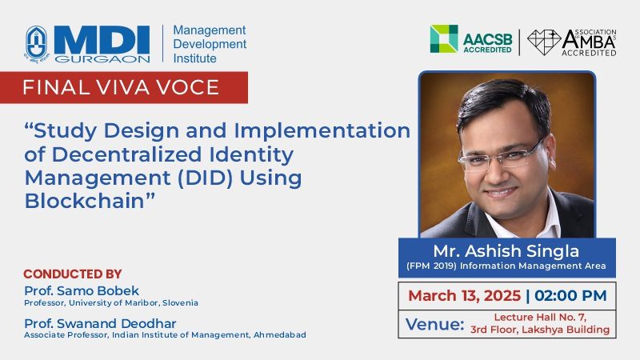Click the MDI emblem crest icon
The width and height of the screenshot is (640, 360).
point(37,44)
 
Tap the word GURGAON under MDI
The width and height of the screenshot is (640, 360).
point(102,58)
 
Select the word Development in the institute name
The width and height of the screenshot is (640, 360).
point(210,44)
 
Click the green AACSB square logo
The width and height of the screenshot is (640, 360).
point(444,38)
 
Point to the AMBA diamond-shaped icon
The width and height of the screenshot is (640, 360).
point(544,42)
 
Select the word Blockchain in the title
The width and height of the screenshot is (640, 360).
point(85,202)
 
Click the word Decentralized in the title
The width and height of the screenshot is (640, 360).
point(127,154)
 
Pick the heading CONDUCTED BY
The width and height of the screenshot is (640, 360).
point(73,274)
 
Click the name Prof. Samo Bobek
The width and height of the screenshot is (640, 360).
point(82,290)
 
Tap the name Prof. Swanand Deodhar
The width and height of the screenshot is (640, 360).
point(100,323)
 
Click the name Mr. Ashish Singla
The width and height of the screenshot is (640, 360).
point(506,251)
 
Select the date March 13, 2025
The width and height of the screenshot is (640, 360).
point(465,295)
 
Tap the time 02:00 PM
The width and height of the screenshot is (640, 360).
point(570,295)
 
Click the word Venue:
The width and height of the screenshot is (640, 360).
point(435,325)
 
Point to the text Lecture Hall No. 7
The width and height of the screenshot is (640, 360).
point(540,317)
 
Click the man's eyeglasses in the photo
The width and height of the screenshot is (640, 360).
point(502,155)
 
